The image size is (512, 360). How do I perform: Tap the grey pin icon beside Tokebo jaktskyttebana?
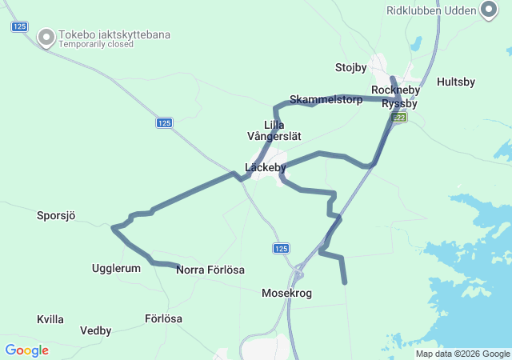(x=46, y=37)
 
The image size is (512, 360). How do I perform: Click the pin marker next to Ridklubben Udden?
(x=489, y=10)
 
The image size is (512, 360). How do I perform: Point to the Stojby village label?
(x=350, y=67)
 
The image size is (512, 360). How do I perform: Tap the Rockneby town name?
(x=391, y=90)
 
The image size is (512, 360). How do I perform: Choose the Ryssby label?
(x=400, y=104)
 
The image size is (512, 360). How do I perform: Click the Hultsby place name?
(x=456, y=82)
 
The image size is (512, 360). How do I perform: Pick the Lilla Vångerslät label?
(x=274, y=130)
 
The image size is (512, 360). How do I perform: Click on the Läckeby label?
(x=266, y=167)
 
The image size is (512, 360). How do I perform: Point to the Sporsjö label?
(x=56, y=215)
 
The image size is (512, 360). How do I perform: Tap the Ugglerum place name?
(x=116, y=269)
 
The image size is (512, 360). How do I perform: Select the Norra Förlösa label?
(x=210, y=270)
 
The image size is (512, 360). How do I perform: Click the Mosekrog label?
(x=286, y=294)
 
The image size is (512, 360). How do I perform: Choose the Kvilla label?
(x=50, y=319)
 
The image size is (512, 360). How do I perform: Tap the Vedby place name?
(x=96, y=330)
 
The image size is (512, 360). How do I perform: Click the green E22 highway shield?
(x=399, y=118)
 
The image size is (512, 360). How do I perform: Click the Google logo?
(x=26, y=350)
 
